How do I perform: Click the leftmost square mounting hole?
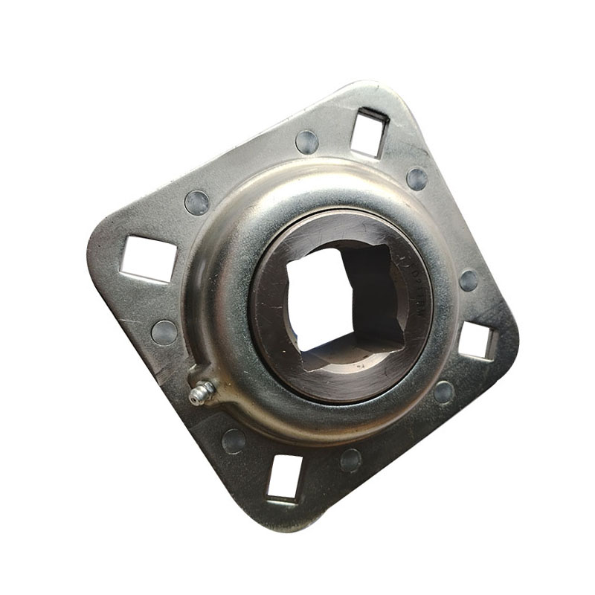pyautogui.click(x=149, y=259)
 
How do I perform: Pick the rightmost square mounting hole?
pyautogui.click(x=475, y=341)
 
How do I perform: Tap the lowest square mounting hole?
pyautogui.click(x=286, y=477)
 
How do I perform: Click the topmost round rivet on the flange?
pyautogui.click(x=306, y=141)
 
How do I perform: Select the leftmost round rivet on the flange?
pyautogui.click(x=164, y=332)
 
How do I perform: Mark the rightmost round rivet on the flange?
pyautogui.click(x=469, y=280)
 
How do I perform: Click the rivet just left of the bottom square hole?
pyautogui.click(x=234, y=440)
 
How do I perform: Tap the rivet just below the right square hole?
pyautogui.click(x=444, y=392)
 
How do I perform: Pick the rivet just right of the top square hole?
pyautogui.click(x=417, y=178)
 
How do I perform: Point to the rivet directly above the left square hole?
pyautogui.click(x=197, y=202)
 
